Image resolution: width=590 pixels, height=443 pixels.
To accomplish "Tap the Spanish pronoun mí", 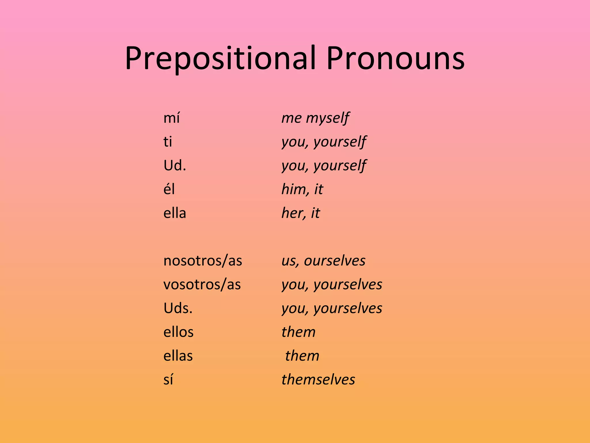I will pos(171,118).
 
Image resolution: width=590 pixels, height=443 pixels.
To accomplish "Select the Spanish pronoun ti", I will pos(168,142).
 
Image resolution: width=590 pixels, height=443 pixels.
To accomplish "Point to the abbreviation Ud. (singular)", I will pos(175,166).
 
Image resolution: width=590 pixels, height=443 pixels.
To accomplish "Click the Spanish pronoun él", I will pos(169,189).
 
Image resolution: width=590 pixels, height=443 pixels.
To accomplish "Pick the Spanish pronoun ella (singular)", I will pos(175,213).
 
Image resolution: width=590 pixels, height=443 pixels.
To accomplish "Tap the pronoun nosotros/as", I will pos(203,261).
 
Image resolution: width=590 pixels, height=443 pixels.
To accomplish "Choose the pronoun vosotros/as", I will pos(202,284).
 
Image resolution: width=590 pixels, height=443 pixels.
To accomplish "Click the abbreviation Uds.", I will pos(178,308).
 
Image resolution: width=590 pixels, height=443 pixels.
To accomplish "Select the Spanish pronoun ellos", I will pos(178,332).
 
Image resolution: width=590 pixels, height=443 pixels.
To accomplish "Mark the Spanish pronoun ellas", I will pos(178,356).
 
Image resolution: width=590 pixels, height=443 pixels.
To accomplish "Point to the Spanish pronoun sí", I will pos(168,380).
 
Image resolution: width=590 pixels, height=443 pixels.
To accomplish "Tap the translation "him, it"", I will pos(302,189).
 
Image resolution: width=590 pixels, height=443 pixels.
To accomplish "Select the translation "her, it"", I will pos(300,213).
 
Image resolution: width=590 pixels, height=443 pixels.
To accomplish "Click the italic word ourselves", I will pos(335,261).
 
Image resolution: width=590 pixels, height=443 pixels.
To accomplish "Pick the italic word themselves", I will pos(318,380).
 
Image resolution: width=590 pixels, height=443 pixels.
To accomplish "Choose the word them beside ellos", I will pos(298,332).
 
